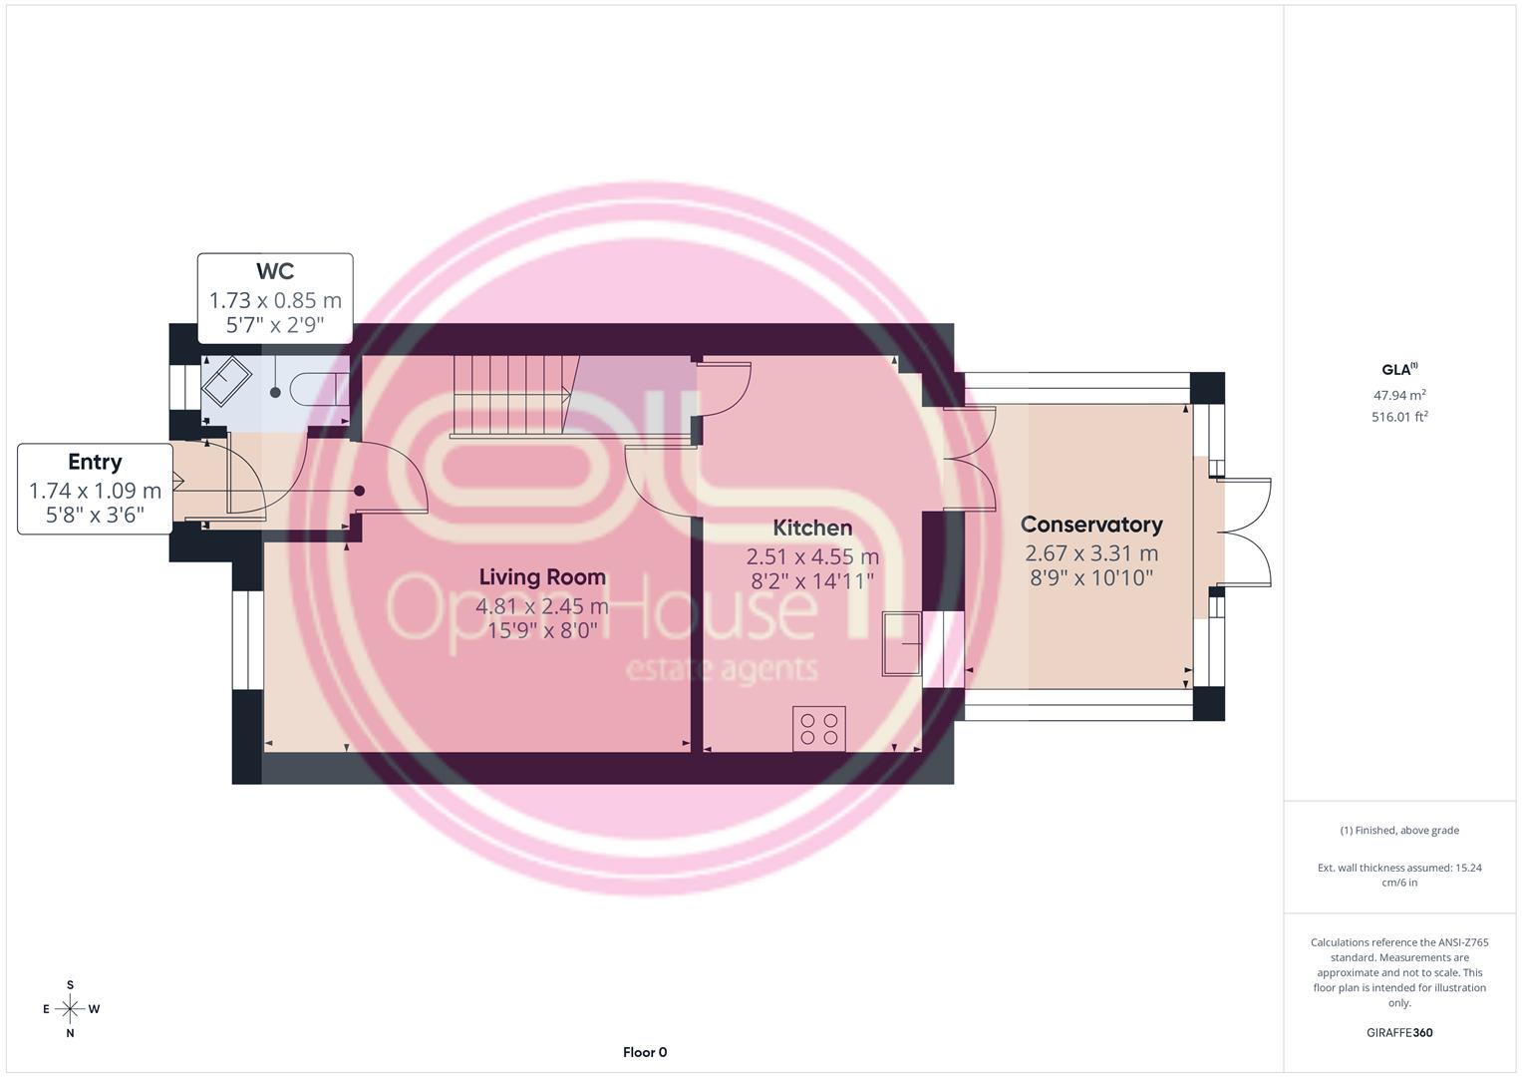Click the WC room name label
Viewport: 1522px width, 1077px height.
275,271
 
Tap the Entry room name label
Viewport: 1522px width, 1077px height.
95,462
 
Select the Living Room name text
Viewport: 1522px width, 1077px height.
542,576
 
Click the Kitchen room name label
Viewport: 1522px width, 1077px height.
812,528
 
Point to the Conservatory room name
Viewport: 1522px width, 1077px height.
1091,525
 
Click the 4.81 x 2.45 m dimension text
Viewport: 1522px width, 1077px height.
542,606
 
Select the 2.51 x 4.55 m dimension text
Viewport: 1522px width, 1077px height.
812,556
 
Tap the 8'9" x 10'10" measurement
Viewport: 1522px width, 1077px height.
1091,578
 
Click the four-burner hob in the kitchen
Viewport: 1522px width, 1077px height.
818,729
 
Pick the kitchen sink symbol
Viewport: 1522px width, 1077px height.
901,643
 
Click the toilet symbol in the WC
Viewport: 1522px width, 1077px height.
319,389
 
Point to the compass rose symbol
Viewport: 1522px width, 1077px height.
70,1009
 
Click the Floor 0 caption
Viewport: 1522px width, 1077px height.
645,1052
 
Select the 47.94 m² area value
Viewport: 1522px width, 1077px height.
1399,394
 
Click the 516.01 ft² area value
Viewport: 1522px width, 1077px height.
1399,416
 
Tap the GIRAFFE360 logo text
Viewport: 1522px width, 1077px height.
1399,1032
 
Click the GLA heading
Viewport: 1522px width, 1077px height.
1399,369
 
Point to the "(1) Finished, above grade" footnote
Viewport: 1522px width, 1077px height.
1399,830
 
